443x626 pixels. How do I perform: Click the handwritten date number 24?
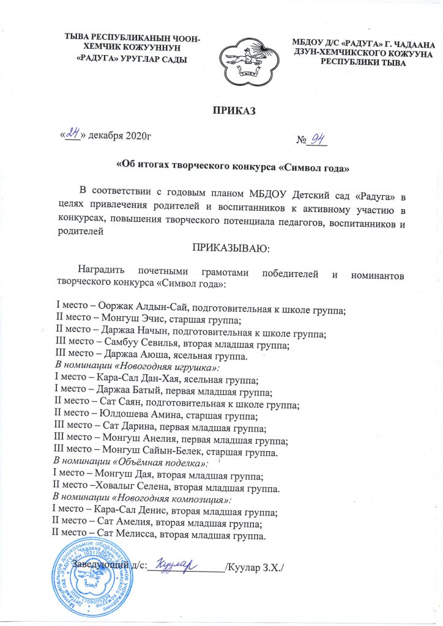coord(72,133)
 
